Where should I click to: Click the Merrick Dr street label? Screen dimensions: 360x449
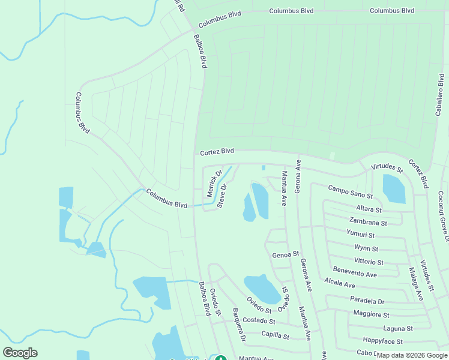[214, 183]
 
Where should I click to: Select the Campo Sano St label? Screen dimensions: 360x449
[351, 192]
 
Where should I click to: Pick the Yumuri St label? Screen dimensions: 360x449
[361, 235]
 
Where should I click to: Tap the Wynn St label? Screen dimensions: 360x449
[366, 248]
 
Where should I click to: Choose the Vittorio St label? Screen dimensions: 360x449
[369, 262]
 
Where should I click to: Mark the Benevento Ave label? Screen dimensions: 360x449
[355, 274]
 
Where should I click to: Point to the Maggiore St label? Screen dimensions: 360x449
[371, 314]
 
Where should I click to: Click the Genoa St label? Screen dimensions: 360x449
[285, 255]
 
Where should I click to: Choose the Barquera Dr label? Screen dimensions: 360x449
[239, 326]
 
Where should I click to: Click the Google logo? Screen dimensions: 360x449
[20, 353]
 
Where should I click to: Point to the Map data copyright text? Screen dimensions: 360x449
[412, 355]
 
